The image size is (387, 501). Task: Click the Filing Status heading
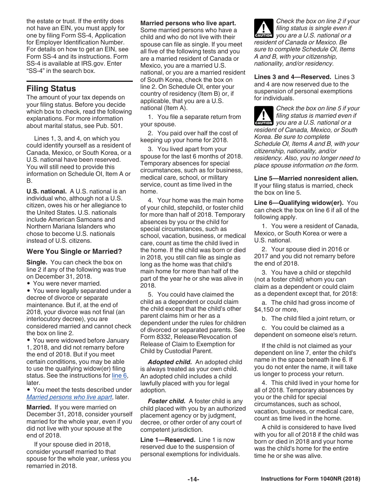click(x=51, y=88)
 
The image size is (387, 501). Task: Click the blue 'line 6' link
click(x=119, y=376)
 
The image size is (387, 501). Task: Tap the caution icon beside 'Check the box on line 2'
click(x=264, y=29)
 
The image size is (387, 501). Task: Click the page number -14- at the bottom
click(x=193, y=479)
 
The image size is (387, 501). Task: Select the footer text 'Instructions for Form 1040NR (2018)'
click(x=310, y=479)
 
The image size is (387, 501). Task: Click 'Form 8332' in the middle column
click(x=156, y=337)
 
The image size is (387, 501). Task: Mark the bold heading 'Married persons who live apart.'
click(x=188, y=23)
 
